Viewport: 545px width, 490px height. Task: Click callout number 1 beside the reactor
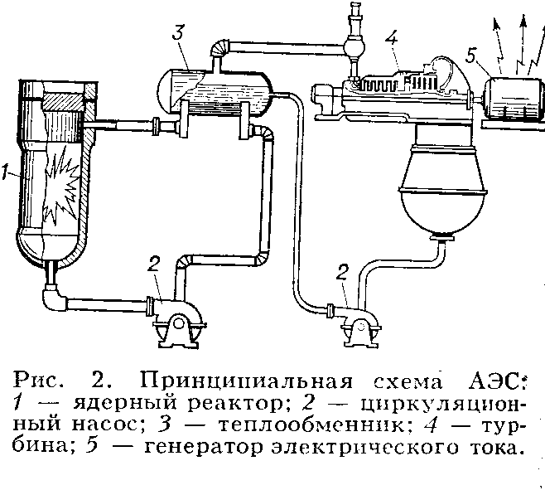[x=7, y=174]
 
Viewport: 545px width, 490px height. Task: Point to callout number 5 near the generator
[x=470, y=56]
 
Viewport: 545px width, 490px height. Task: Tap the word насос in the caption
[x=99, y=430]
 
